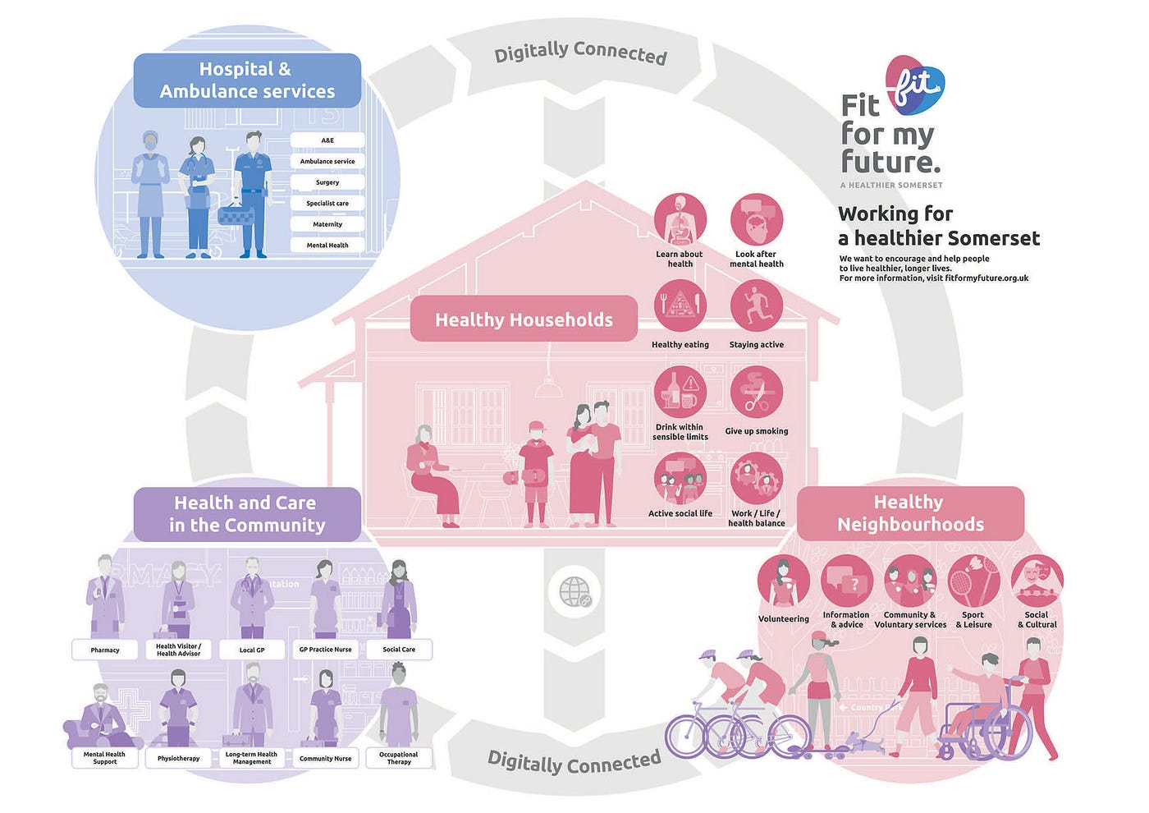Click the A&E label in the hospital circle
pyautogui.click(x=327, y=140)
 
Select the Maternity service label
pyautogui.click(x=327, y=224)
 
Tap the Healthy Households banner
pyautogui.click(x=524, y=319)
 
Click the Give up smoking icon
pyautogui.click(x=756, y=393)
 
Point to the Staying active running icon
pyautogui.click(x=756, y=305)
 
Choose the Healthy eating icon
pyautogui.click(x=680, y=305)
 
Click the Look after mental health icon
pyautogui.click(x=756, y=218)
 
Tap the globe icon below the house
pyautogui.click(x=574, y=591)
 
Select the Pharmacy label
pyautogui.click(x=105, y=650)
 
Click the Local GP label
pyautogui.click(x=252, y=650)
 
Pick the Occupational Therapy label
pyautogui.click(x=399, y=758)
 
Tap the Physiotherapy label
pyautogui.click(x=178, y=758)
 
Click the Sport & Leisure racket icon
pyautogui.click(x=973, y=581)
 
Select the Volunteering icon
pyautogui.click(x=783, y=581)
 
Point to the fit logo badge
pyautogui.click(x=915, y=85)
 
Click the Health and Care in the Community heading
pyautogui.click(x=247, y=514)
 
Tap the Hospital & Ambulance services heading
pyautogui.click(x=247, y=80)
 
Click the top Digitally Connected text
pyautogui.click(x=580, y=53)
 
